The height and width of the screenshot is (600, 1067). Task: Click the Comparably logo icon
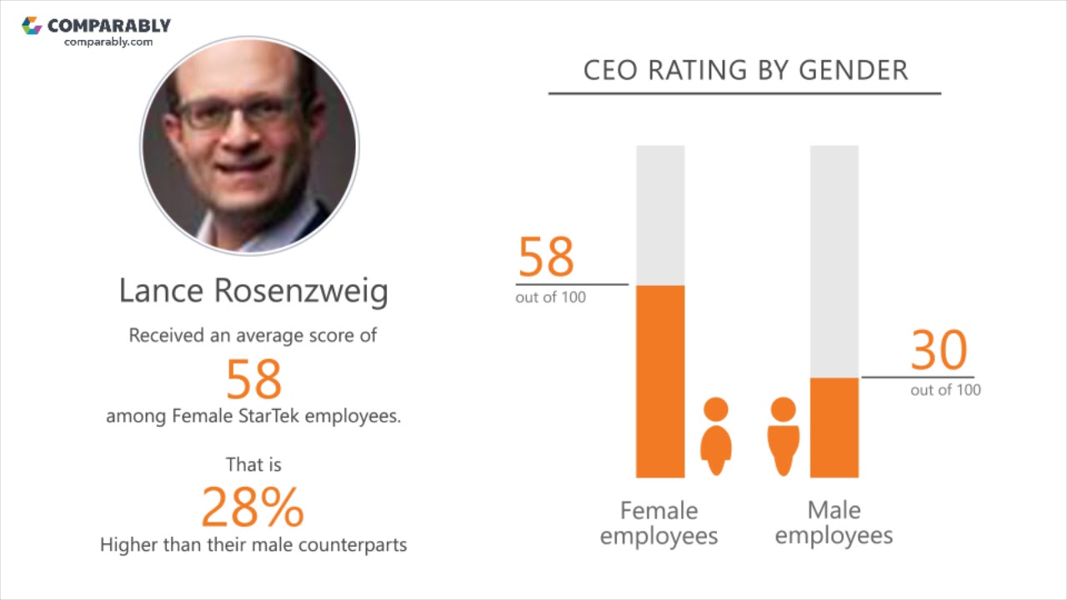coord(32,26)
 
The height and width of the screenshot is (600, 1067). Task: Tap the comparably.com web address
coord(108,42)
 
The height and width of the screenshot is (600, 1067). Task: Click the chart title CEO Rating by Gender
coord(745,71)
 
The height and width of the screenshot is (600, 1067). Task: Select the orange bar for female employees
coord(660,381)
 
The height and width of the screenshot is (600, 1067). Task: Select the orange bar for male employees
coord(834,427)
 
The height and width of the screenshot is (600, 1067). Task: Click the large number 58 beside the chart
coord(546,257)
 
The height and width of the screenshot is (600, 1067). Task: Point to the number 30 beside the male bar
coord(939,351)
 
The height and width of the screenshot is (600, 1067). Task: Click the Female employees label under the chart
coord(659,522)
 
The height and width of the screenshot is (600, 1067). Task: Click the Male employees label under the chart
coord(834,522)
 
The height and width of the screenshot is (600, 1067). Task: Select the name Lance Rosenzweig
coord(253,291)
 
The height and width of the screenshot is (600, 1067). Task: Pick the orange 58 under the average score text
coord(254,379)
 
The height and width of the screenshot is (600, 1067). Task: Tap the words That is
coord(253,464)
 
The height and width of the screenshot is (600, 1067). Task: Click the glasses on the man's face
coord(233,113)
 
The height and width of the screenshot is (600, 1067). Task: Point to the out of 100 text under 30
coord(945,390)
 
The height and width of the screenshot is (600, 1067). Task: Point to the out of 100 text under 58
coord(550,297)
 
